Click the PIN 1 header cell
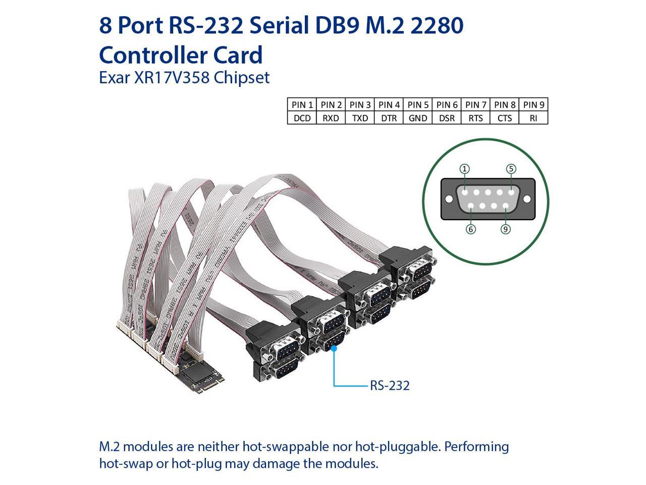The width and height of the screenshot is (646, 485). click(x=302, y=105)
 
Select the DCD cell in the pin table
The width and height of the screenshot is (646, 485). click(x=302, y=118)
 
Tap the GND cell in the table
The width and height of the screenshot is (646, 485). click(x=418, y=118)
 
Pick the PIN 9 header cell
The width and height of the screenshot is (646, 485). click(x=533, y=105)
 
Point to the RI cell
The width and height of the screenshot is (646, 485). click(x=533, y=118)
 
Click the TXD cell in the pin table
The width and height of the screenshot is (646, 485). click(x=360, y=118)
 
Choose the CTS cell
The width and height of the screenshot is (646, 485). click(x=504, y=118)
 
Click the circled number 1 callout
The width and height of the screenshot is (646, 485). click(x=464, y=169)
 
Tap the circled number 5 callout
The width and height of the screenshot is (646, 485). click(x=511, y=169)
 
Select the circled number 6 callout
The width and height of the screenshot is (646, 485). click(x=470, y=229)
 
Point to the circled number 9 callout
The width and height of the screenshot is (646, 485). click(x=505, y=229)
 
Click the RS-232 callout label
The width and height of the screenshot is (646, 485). click(x=390, y=386)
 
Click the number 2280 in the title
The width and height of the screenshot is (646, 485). click(x=437, y=25)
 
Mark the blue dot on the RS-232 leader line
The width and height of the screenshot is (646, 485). click(x=334, y=347)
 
